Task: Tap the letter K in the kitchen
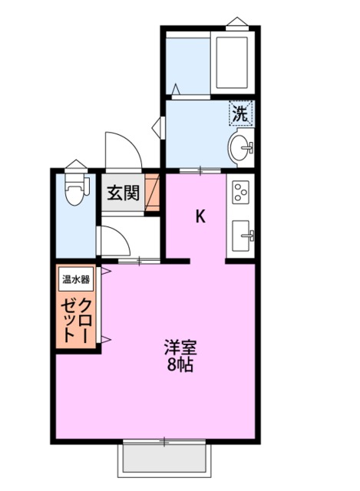point(200,216)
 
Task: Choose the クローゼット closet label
point(76,315)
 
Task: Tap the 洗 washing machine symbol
point(241,114)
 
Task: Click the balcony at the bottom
point(164,459)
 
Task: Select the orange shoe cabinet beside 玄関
point(152,191)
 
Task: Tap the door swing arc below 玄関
point(115,241)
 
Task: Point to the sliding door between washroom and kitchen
point(201,170)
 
